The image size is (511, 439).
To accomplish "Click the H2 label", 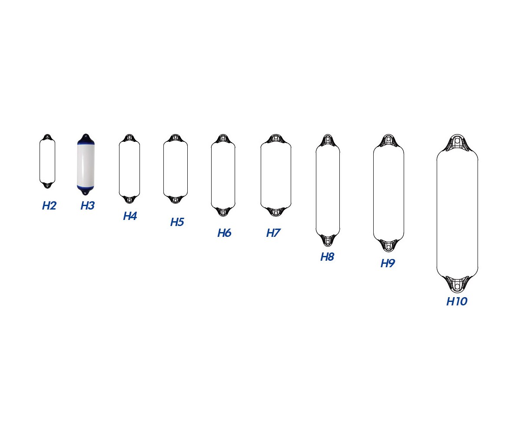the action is click(x=49, y=206).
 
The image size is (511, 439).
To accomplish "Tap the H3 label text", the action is click(x=88, y=206).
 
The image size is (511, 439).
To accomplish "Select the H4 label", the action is click(x=130, y=216).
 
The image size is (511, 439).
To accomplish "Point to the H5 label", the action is click(x=177, y=222).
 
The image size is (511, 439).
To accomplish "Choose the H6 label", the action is click(x=225, y=233).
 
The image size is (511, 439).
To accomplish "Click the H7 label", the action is click(x=273, y=233).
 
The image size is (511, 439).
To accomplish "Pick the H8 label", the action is click(x=328, y=257).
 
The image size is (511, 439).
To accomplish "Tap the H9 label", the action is click(x=388, y=263).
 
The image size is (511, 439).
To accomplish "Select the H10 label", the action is click(x=457, y=301).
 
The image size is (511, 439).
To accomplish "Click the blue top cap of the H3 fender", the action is click(x=86, y=140).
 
